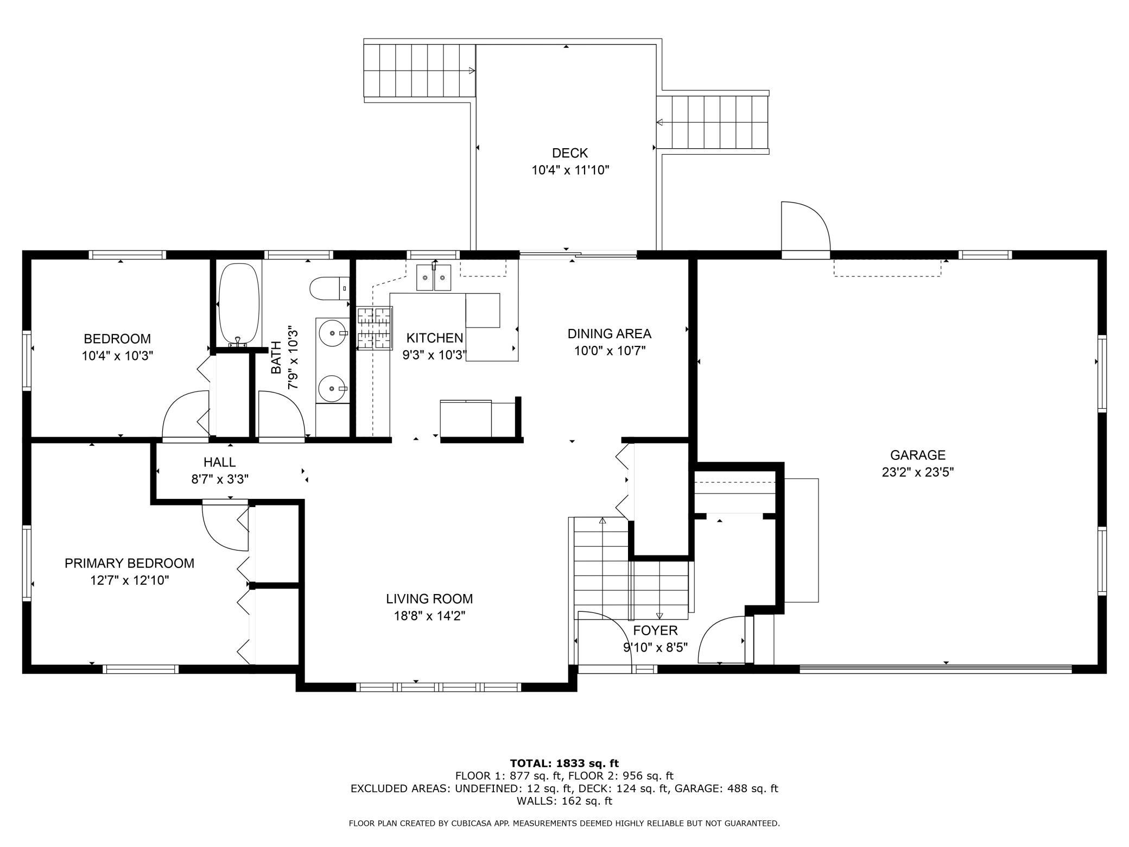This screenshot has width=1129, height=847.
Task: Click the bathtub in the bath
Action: click(239, 305)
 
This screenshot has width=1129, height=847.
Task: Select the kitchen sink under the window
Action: click(434, 277)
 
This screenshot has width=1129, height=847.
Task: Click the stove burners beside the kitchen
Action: click(374, 328)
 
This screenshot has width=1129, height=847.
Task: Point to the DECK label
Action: click(570, 153)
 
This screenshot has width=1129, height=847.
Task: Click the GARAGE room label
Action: click(918, 455)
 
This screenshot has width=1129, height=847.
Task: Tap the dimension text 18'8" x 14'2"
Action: click(429, 616)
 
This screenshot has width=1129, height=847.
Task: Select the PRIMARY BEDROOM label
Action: click(129, 563)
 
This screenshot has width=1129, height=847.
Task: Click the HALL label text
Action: click(219, 462)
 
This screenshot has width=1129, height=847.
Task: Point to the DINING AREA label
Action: click(609, 333)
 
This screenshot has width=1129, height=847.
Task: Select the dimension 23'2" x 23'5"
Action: click(918, 472)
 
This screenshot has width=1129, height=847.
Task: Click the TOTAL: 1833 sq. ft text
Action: click(564, 763)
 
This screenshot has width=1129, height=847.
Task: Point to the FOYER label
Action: click(655, 630)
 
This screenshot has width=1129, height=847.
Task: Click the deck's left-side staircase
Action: click(419, 71)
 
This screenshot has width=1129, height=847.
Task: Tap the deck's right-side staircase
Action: click(713, 122)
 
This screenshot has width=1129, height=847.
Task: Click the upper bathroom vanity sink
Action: click(332, 333)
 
